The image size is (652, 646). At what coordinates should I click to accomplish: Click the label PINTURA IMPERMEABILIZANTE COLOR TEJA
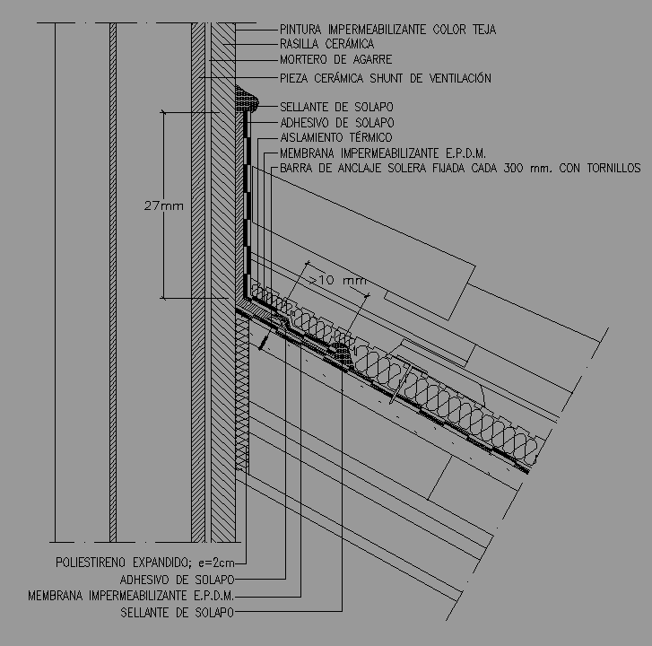click(x=387, y=30)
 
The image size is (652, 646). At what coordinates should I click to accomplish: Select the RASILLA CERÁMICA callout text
click(x=326, y=44)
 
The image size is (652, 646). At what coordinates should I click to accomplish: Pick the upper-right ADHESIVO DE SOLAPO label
click(x=336, y=122)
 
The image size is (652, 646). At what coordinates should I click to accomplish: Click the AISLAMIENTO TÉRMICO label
click(x=336, y=137)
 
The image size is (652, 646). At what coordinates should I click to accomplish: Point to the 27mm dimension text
click(x=163, y=205)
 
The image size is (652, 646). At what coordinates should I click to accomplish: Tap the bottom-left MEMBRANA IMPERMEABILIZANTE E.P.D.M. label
click(x=131, y=596)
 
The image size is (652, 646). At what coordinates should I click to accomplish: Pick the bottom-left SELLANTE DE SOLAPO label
click(x=177, y=613)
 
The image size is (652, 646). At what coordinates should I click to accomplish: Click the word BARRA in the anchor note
click(x=299, y=168)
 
